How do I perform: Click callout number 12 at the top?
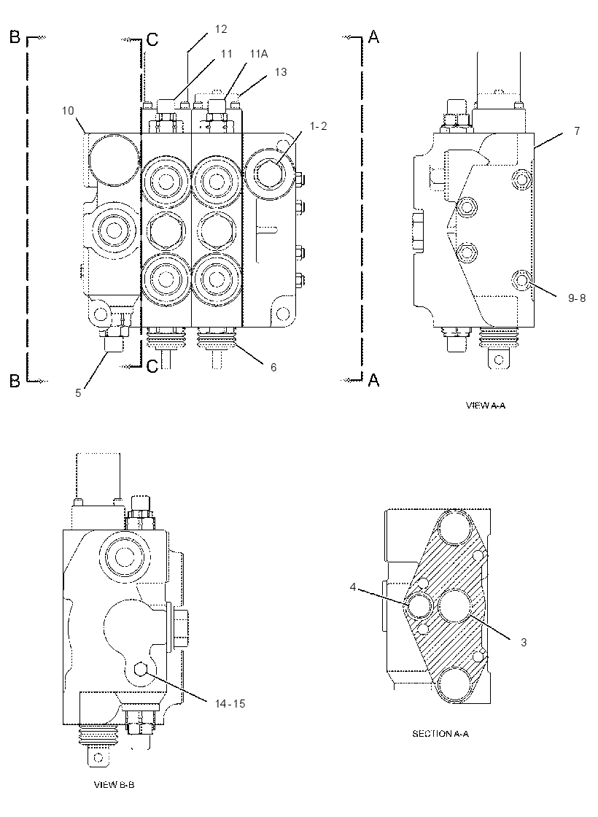pyautogui.click(x=221, y=29)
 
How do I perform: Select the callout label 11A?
pyautogui.click(x=259, y=54)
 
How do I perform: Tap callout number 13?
pyautogui.click(x=280, y=72)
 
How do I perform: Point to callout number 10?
pyautogui.click(x=68, y=110)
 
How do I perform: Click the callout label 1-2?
pyautogui.click(x=317, y=126)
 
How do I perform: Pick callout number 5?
pyautogui.click(x=78, y=393)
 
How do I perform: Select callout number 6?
pyautogui.click(x=273, y=368)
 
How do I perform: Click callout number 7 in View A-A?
pyautogui.click(x=577, y=131)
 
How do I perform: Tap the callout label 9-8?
pyautogui.click(x=577, y=298)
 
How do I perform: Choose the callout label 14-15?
pyautogui.click(x=230, y=704)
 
